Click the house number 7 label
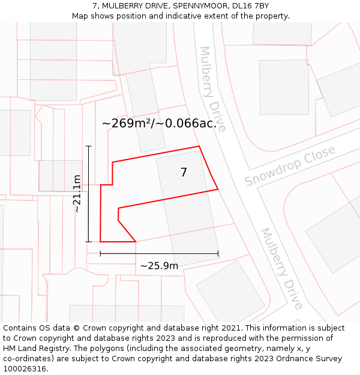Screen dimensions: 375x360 [x=184, y=173]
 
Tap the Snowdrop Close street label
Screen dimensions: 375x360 [x=290, y=166]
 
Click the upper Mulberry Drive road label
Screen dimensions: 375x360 [x=212, y=89]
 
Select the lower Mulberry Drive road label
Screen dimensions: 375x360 [x=281, y=268]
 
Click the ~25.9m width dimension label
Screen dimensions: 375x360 [x=159, y=266]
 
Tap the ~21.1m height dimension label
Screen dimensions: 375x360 [x=77, y=193]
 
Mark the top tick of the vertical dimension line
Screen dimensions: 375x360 [x=88, y=146]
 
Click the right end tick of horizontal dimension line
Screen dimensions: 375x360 [x=218, y=254]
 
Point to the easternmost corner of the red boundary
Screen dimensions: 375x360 [x=218, y=190]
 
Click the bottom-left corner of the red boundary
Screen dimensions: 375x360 [x=100, y=242]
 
